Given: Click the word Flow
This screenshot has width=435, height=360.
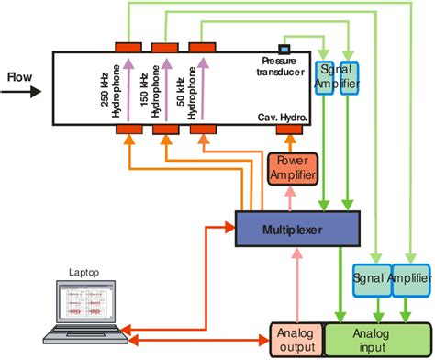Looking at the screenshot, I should click(20, 77).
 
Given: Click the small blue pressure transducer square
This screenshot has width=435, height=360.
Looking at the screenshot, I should click(284, 48).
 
